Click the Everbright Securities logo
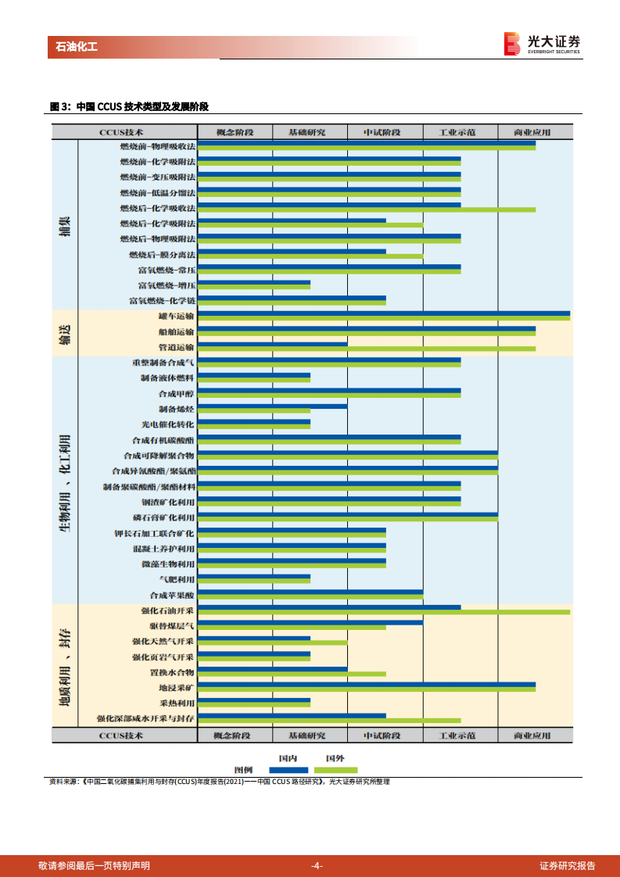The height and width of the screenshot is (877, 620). point(543,43)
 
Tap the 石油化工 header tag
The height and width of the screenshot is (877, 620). point(77,47)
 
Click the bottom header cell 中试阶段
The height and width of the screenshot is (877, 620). point(385,736)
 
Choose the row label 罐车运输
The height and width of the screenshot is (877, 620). point(176,316)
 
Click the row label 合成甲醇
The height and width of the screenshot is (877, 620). point(176,393)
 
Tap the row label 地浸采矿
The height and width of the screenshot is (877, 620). point(176,687)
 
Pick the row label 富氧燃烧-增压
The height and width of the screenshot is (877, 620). point(167,285)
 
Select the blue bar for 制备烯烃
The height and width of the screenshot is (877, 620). point(272,406)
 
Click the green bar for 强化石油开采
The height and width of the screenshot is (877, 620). point(384,612)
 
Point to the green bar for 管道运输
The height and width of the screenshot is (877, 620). point(366,349)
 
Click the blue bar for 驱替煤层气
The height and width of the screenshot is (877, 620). point(310,622)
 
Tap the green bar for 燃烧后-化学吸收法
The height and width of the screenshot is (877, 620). point(366,209)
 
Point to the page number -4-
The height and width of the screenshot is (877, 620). point(317,865)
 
